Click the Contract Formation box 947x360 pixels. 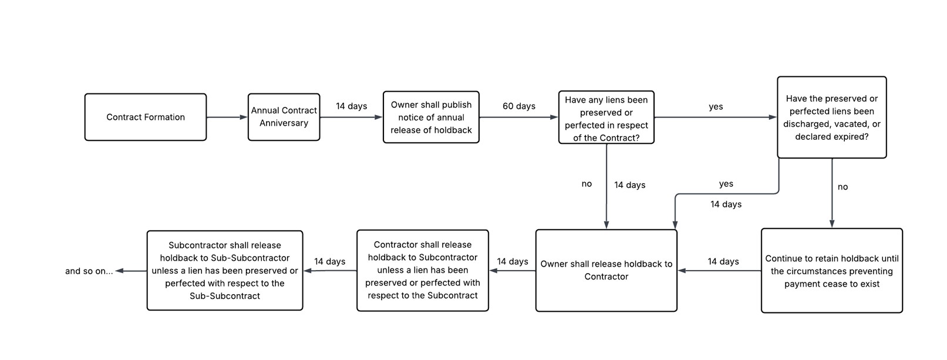pos(146,117)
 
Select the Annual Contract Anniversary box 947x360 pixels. pos(284,117)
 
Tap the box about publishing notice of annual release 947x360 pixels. pos(431,117)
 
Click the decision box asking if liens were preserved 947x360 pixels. pos(606,118)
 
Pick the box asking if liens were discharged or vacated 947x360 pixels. pos(831,117)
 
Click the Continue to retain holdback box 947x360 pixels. pos(831,271)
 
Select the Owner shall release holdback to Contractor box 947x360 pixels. pos(606,270)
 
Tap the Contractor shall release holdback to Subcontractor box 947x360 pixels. pos(422,270)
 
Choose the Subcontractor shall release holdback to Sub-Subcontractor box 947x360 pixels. pos(224,270)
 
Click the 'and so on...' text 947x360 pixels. pos(89,271)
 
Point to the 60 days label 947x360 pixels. pos(518,106)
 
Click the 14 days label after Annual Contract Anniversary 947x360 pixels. pos(351,106)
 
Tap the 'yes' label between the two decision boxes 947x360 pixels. pos(716,107)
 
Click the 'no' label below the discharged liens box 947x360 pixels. pos(842,187)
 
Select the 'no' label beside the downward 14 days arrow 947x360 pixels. pos(587,184)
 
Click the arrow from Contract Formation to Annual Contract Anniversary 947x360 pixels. pos(227,117)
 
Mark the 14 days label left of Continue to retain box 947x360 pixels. pos(723,261)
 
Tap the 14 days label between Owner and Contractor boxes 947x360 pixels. pos(512,261)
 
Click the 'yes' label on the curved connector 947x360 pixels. pos(726,184)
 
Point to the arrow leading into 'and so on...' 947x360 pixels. pos(130,271)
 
